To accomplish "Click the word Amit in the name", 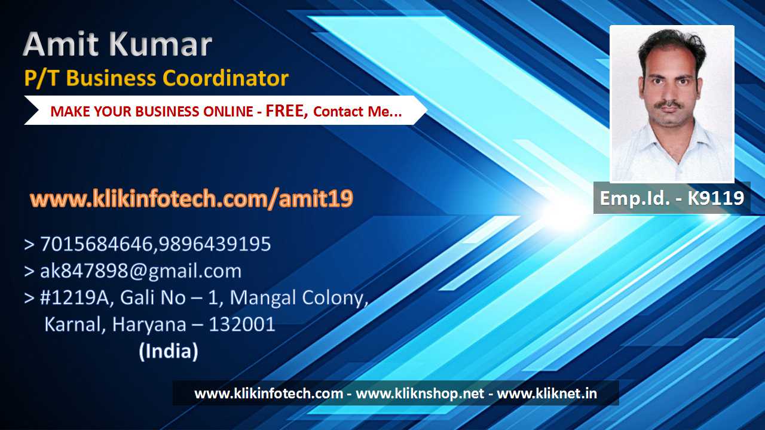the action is coord(62,44).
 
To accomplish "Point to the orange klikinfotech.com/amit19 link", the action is coord(191,199).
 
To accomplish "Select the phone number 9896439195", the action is coord(215,244).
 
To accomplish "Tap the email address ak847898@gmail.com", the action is coord(140,271).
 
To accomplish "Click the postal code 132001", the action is coord(242,324).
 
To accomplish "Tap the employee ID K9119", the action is coord(715,198).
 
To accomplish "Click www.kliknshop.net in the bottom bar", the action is coord(420,394).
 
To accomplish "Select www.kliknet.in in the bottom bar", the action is coord(547,394).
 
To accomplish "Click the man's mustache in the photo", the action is coord(670,105).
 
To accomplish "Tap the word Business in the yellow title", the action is coord(111,78).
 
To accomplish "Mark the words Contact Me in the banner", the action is coord(357,112).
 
